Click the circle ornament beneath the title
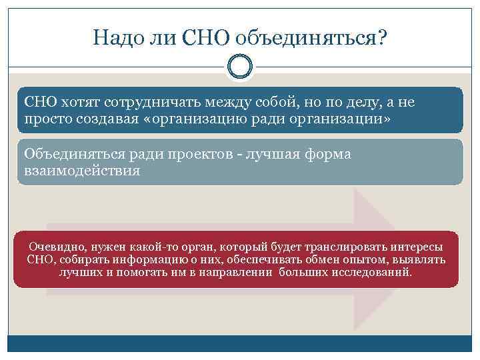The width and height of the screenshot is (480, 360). click(x=240, y=67)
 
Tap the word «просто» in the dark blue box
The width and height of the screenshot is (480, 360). click(x=48, y=119)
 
